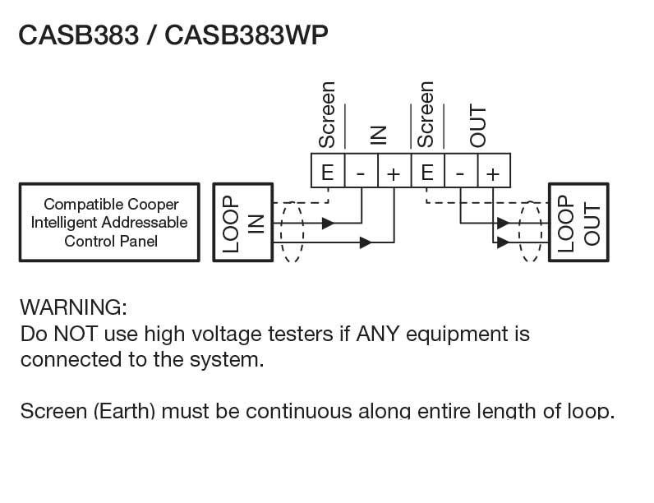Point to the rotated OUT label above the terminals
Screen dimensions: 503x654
tap(477, 127)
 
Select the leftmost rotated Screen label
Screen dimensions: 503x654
tap(327, 114)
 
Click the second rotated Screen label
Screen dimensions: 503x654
tap(426, 114)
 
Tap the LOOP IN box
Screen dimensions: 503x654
tap(243, 223)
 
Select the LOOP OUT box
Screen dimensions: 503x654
tap(578, 223)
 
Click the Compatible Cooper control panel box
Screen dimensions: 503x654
tap(109, 223)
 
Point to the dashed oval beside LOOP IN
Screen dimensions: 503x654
tap(291, 230)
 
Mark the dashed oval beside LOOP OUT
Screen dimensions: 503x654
tap(531, 230)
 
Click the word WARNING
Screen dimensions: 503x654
tap(73, 308)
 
